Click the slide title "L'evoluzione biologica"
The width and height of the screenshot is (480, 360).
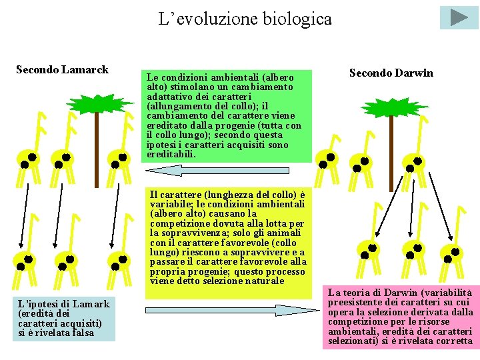click(245, 19)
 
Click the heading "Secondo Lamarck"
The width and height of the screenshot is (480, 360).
click(62, 69)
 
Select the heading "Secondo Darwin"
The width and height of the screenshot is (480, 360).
click(391, 73)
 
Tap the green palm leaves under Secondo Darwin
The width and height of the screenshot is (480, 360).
click(386, 109)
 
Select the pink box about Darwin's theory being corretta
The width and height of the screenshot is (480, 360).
click(399, 317)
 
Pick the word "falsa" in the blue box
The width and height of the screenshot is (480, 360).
click(82, 333)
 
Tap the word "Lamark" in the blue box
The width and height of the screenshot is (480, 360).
click(93, 304)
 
